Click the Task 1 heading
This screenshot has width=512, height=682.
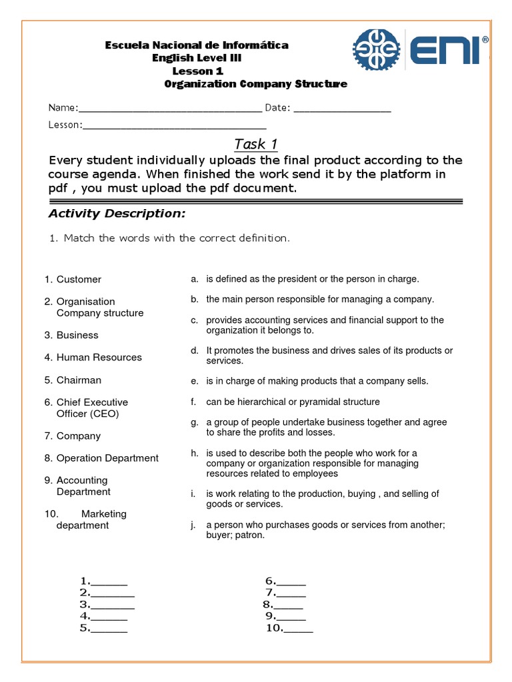[255, 144]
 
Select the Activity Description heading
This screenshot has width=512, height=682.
[117, 213]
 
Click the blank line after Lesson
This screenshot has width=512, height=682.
[175, 126]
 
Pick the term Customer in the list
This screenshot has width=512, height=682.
[79, 279]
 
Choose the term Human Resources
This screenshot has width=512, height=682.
[99, 357]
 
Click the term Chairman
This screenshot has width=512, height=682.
[79, 380]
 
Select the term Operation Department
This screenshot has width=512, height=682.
[107, 458]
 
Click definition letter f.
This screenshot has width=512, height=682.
[193, 402]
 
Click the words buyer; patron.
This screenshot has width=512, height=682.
[235, 535]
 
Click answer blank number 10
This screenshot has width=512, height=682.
[299, 628]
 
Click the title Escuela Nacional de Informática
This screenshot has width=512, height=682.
[197, 45]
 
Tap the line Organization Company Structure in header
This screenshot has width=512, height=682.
[255, 84]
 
